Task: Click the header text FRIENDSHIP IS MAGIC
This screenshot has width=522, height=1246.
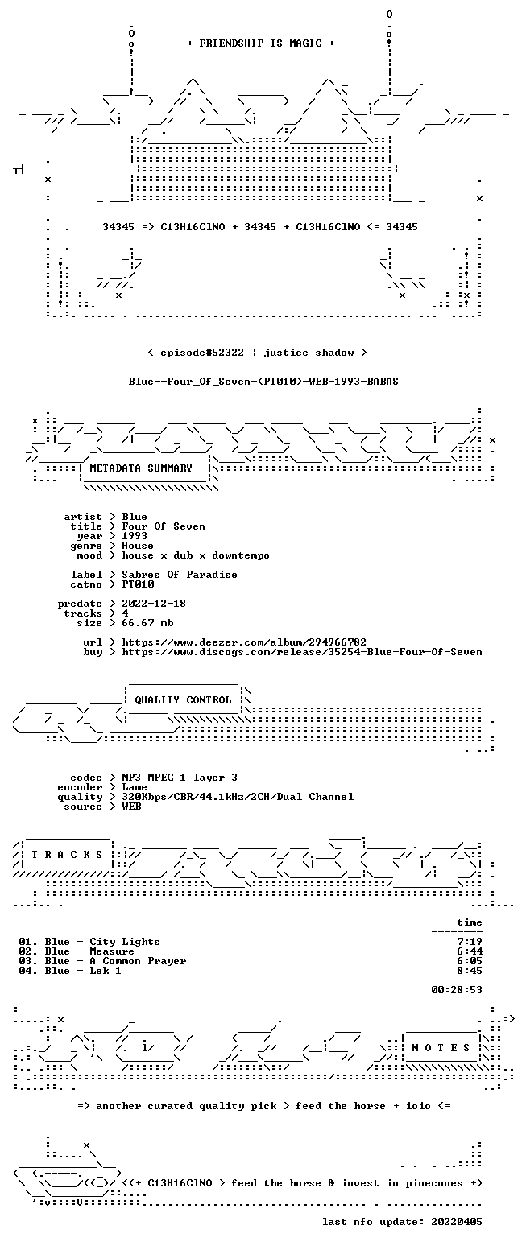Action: pos(261,43)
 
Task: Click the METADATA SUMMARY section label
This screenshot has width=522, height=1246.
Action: pos(141,468)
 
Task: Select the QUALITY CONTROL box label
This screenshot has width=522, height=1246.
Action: pos(183,699)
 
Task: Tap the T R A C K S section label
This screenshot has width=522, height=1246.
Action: pos(68,854)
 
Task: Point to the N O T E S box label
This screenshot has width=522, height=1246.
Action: pos(441,1047)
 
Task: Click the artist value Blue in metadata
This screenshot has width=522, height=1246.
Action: pos(135,517)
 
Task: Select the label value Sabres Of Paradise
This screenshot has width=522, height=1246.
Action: pos(179,575)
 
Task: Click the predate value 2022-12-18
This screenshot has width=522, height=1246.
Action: pos(154,604)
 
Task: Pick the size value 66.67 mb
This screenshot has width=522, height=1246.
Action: pos(147,623)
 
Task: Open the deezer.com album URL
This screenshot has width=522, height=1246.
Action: pos(244,642)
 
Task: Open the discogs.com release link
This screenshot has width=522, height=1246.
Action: pos(302,652)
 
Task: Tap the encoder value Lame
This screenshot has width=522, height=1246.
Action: pos(135,787)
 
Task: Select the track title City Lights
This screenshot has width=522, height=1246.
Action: pos(125,942)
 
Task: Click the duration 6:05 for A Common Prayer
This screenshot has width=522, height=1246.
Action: pos(470,960)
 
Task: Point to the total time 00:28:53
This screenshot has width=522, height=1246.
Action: pos(456,989)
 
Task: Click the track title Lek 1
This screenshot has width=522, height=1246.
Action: pos(106,971)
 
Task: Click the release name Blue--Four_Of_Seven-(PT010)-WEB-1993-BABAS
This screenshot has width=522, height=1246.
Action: pos(263,382)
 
